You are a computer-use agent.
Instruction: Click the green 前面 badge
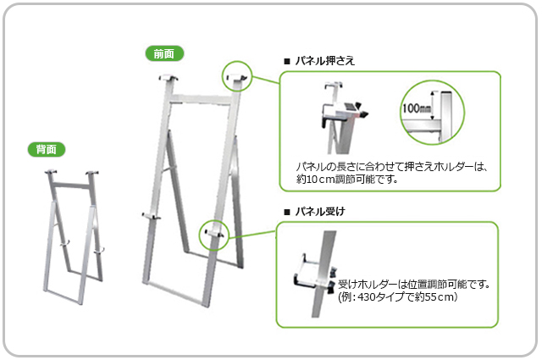point(164,53)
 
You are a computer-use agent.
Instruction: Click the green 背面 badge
point(47,149)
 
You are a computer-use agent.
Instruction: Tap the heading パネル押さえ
point(325,61)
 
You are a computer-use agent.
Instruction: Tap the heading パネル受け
point(320,211)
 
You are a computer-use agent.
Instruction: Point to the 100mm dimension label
point(416,108)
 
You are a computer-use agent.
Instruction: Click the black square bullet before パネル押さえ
point(286,62)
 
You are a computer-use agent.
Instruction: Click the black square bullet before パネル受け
point(286,212)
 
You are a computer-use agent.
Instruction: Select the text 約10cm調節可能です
point(346,180)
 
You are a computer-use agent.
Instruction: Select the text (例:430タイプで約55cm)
point(398,296)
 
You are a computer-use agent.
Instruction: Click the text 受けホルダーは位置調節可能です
point(414,285)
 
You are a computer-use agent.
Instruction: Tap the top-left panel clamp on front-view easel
point(169,78)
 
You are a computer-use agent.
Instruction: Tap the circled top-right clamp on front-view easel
point(237,77)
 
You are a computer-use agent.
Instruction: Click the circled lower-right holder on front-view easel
point(214,234)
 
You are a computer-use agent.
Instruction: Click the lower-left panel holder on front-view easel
point(151,217)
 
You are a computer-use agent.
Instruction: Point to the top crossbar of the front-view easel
point(201,99)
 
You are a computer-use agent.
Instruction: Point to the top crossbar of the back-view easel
point(70,185)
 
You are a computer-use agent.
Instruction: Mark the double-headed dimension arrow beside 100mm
point(432,106)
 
